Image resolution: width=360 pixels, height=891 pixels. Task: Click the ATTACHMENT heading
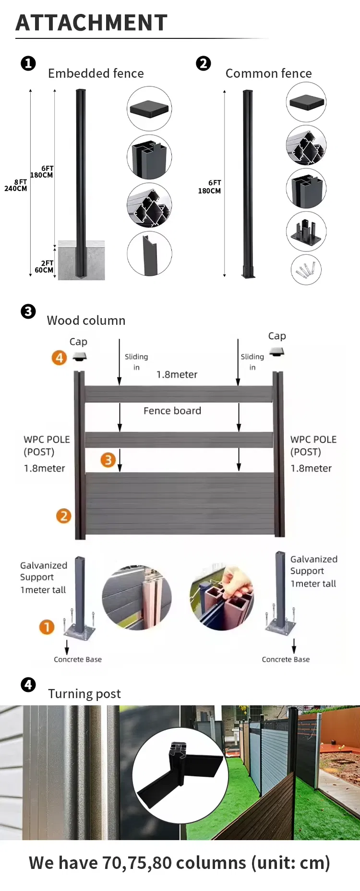91,23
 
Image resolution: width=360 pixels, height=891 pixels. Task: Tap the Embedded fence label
96,73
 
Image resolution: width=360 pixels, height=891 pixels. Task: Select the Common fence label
268,73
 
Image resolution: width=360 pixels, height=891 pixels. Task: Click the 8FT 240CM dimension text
16,185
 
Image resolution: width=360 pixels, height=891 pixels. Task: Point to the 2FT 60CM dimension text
44,267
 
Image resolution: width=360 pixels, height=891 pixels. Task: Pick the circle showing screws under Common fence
306,270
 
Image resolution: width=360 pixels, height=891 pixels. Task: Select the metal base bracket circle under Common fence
306,231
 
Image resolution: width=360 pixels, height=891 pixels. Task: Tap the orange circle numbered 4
59,357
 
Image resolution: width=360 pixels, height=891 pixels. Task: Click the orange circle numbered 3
108,460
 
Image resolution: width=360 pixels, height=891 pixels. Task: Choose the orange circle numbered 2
63,516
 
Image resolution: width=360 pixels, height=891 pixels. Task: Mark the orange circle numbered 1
47,627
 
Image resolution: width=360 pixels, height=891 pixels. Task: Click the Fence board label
172,411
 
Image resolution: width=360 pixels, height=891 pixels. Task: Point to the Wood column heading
86,321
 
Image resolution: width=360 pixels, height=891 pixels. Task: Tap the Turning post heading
84,694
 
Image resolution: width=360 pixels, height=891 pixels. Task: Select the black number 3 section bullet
28,311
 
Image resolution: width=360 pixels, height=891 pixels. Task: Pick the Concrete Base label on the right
286,659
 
